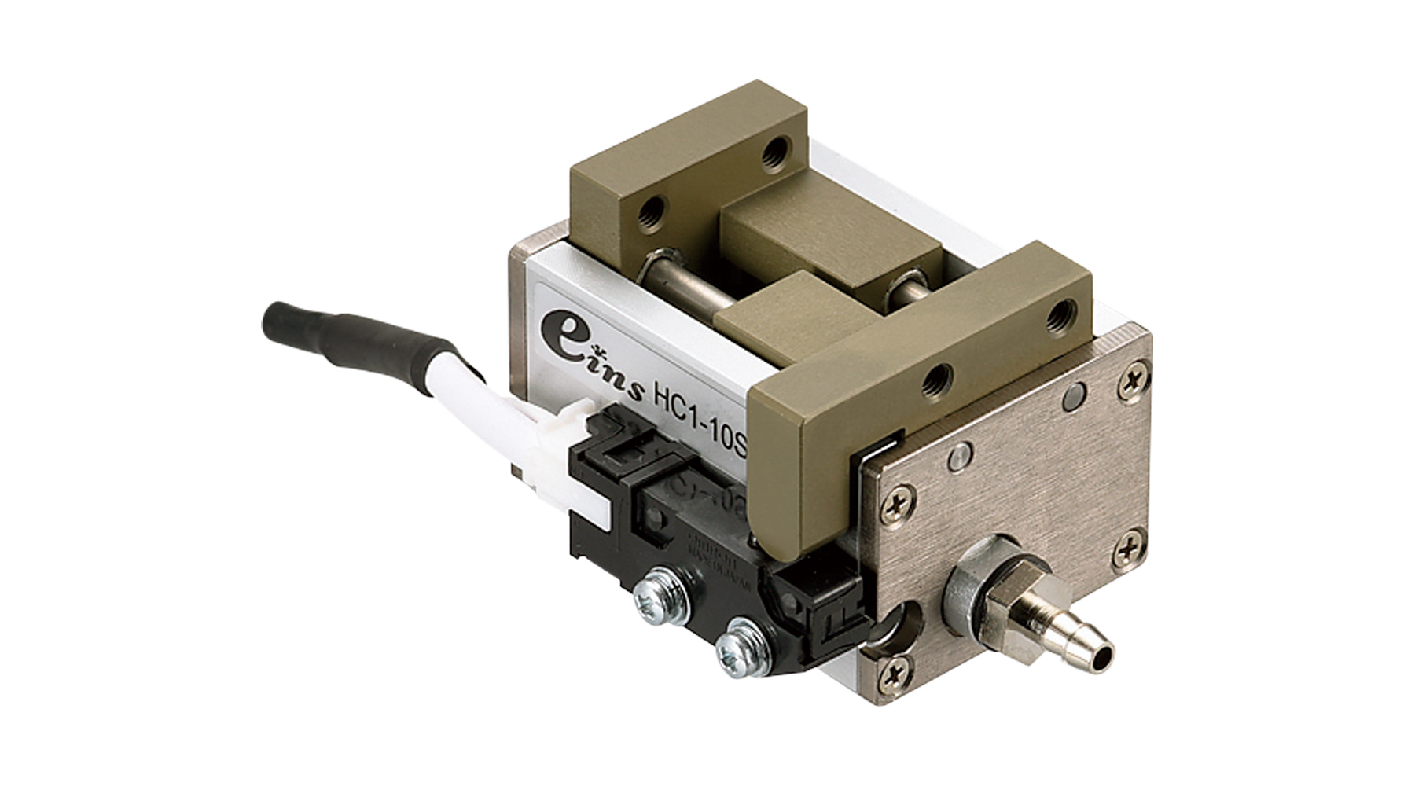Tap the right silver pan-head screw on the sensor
click(x=734, y=648)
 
